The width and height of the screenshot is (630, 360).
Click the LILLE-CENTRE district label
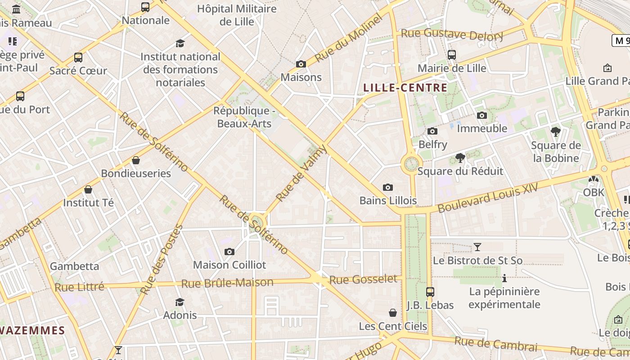click(x=405, y=88)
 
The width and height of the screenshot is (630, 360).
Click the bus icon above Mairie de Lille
click(x=452, y=55)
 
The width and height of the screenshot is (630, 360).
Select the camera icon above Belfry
click(x=432, y=131)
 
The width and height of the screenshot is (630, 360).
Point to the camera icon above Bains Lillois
click(x=388, y=187)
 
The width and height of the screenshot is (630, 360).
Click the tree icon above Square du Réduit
click(x=460, y=158)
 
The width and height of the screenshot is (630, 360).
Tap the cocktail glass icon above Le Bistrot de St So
click(x=477, y=247)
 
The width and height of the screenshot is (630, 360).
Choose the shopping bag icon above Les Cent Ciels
click(x=393, y=313)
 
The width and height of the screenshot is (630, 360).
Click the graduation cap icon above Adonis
click(x=180, y=301)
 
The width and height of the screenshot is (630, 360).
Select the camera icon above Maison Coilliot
click(x=229, y=252)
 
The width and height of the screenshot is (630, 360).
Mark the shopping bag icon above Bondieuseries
click(x=136, y=160)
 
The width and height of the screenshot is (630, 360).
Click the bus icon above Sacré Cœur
click(x=78, y=58)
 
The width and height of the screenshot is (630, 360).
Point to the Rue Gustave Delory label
click(x=452, y=34)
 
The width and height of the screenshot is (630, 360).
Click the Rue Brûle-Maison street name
click(x=227, y=283)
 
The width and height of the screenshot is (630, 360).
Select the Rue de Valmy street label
click(x=301, y=173)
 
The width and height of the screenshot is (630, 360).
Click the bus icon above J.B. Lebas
click(x=430, y=292)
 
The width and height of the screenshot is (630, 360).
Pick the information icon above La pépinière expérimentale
click(x=504, y=279)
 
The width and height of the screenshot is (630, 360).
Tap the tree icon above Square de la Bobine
click(x=556, y=132)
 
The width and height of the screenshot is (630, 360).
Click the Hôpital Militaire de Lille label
click(x=237, y=15)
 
